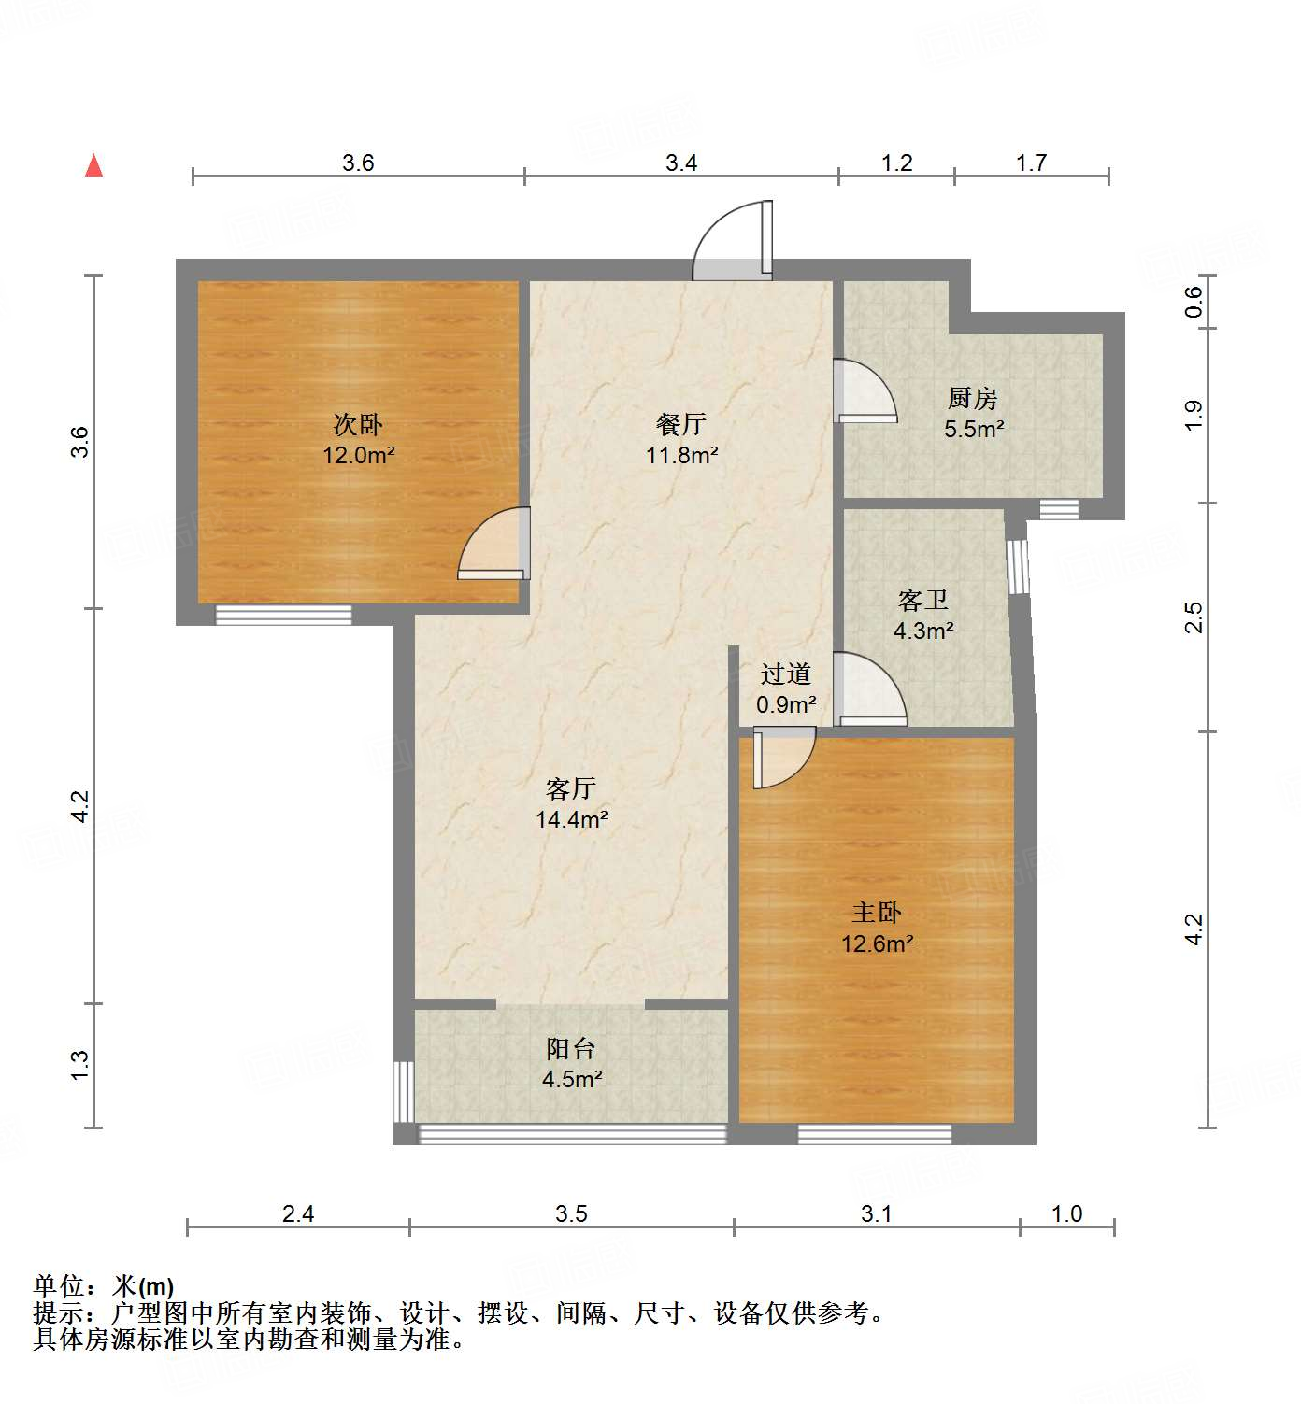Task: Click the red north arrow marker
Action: coord(93,165)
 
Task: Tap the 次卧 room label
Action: coord(358,425)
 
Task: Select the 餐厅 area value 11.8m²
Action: coord(681,456)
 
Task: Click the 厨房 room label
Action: coord(973,399)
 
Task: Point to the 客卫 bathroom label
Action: coord(922,600)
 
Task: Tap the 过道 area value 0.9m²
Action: coord(785,705)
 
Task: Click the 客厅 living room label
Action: coord(571,789)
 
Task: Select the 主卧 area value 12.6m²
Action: coord(877,944)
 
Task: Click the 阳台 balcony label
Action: coord(571,1049)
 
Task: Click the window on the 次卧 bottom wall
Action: coord(283,615)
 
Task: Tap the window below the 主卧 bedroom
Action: coord(874,1134)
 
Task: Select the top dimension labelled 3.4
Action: coord(681,163)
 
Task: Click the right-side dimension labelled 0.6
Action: coord(1194,301)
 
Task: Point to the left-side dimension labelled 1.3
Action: coord(80,1066)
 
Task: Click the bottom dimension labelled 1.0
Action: coord(1066,1213)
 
